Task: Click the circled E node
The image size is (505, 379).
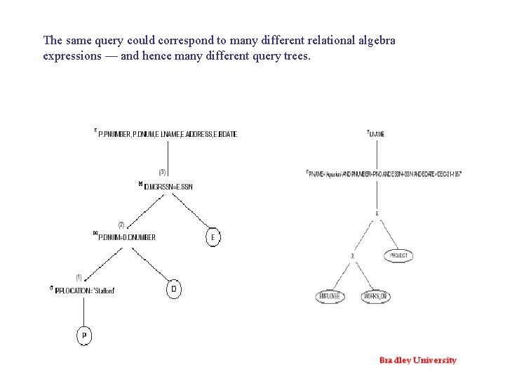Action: point(213,237)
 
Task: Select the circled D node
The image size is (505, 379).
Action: point(174,289)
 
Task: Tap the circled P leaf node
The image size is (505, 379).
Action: point(83,336)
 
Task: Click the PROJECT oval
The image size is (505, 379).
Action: point(398,256)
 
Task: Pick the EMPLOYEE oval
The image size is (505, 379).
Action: point(330,297)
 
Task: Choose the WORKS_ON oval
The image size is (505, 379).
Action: point(375,297)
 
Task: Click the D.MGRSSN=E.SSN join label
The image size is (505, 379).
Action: point(168,187)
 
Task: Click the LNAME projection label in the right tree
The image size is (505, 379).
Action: point(377,133)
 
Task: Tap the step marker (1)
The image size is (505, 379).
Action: point(79,277)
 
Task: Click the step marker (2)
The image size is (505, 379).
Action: point(121,225)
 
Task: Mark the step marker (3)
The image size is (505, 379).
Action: point(163,172)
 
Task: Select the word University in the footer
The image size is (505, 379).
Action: point(435,361)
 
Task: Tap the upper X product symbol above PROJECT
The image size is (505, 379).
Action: point(377,213)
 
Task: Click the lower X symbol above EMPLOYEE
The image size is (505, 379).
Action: point(353,256)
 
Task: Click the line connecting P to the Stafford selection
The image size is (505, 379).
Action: point(83,312)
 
